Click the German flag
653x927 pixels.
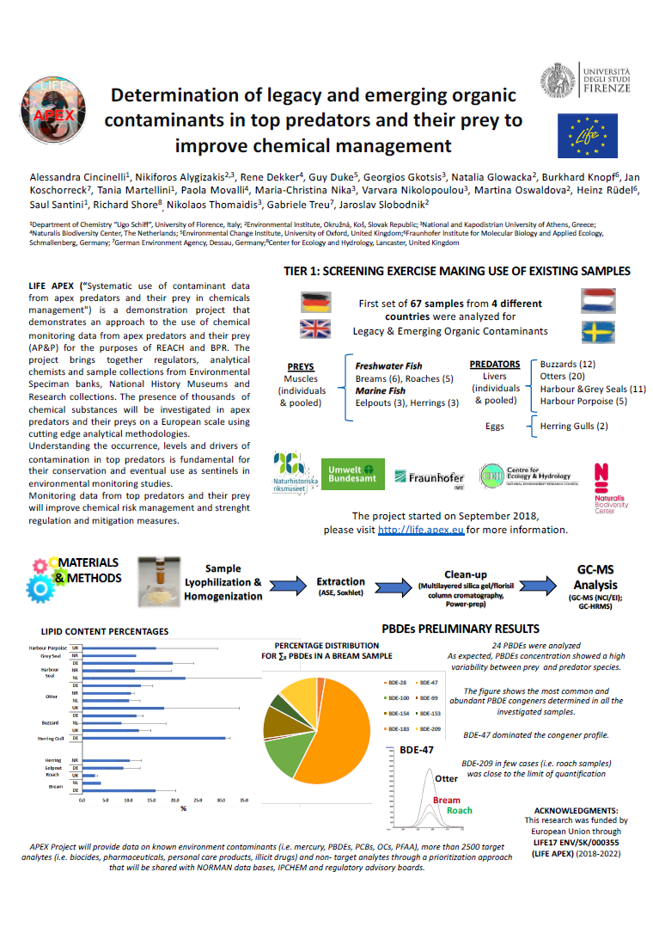pyautogui.click(x=315, y=303)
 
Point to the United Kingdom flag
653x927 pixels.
pyautogui.click(x=315, y=329)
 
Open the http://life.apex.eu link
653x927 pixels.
pyautogui.click(x=422, y=530)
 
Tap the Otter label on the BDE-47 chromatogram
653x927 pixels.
pyautogui.click(x=446, y=778)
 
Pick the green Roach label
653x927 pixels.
pyautogui.click(x=460, y=810)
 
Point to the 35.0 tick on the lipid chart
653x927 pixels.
pyautogui.click(x=244, y=800)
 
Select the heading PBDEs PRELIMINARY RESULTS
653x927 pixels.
pyautogui.click(x=460, y=629)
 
